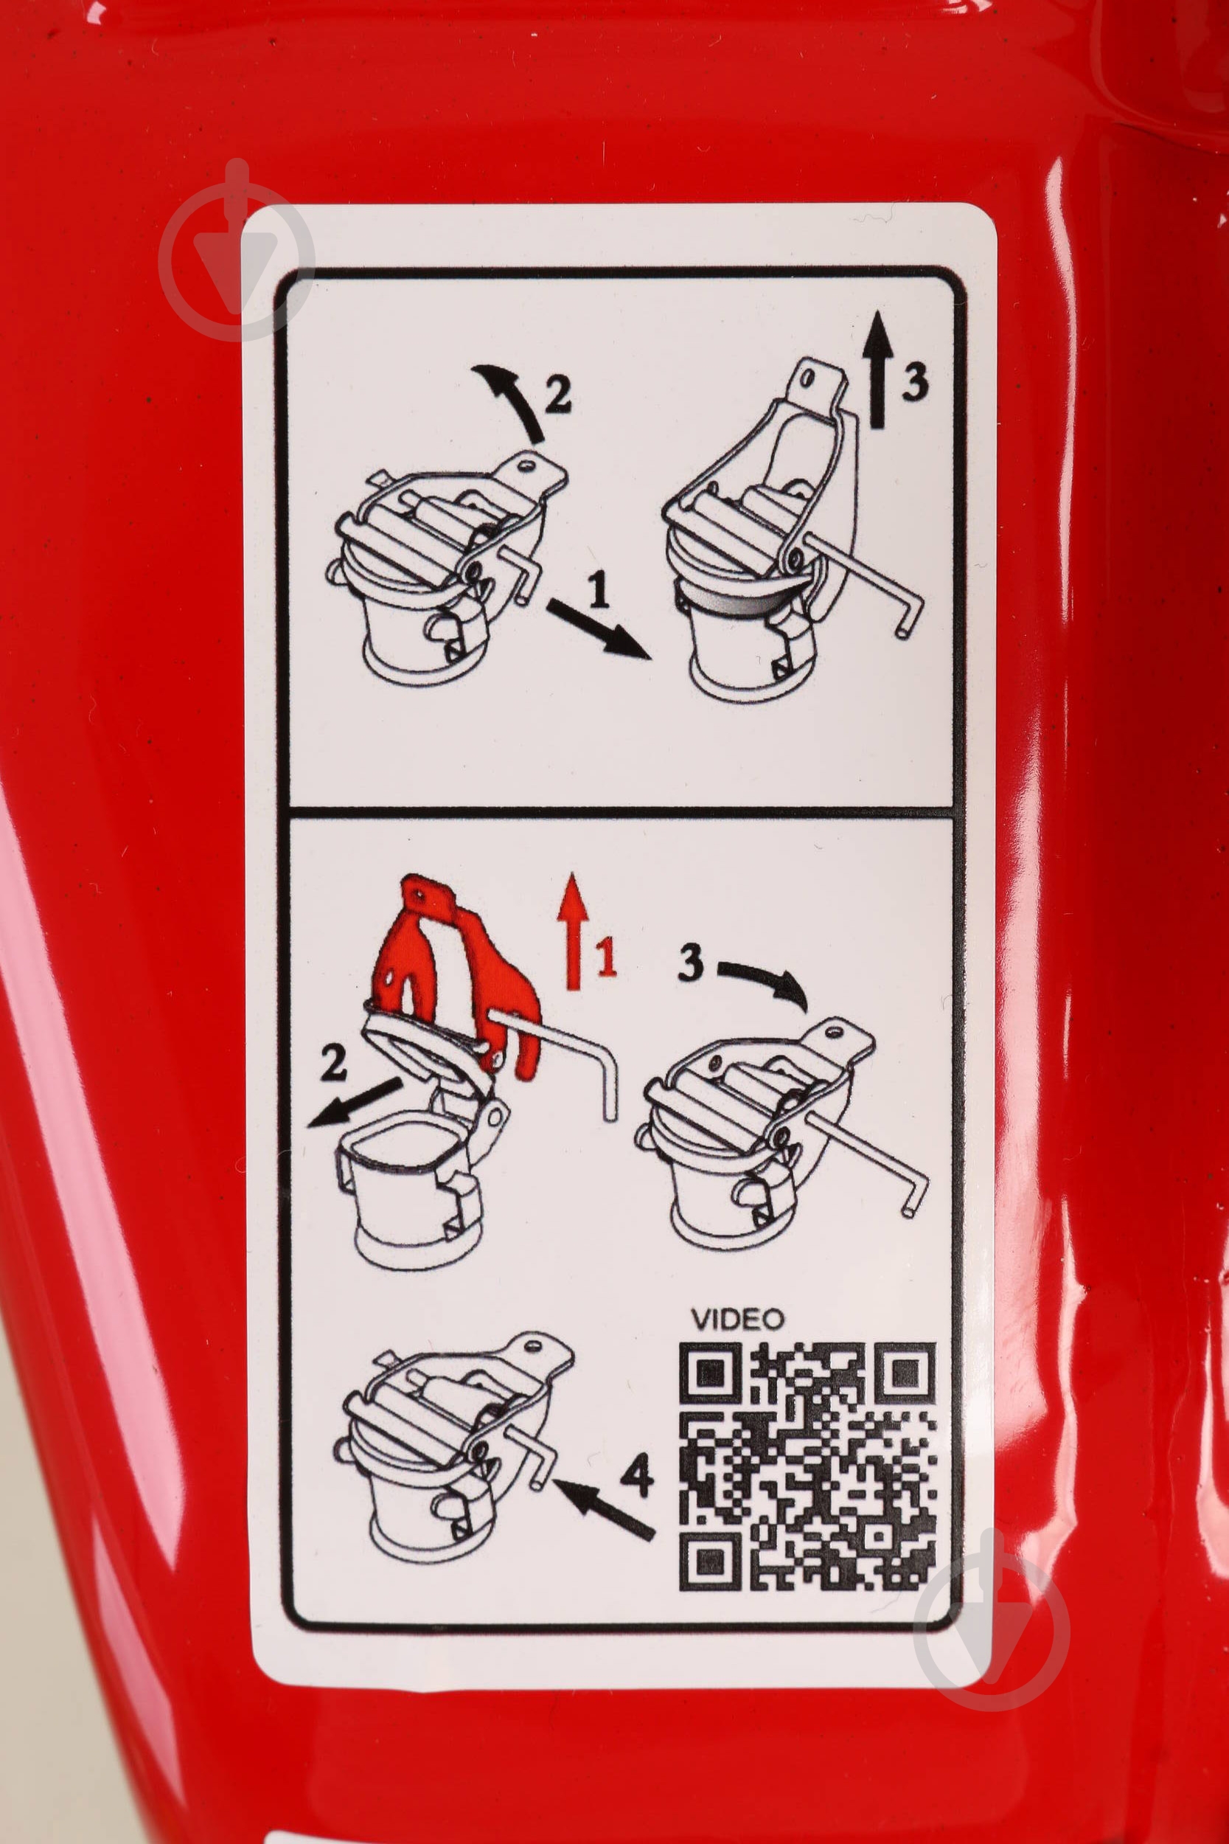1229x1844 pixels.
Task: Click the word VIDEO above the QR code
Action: (737, 1319)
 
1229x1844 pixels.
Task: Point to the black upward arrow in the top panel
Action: (878, 369)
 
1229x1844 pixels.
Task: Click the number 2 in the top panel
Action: (557, 394)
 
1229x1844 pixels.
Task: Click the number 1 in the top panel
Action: (598, 589)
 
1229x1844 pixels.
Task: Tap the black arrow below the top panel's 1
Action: (599, 628)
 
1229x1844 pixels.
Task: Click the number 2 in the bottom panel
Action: (333, 1064)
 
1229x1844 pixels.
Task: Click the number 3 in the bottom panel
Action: (691, 961)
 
